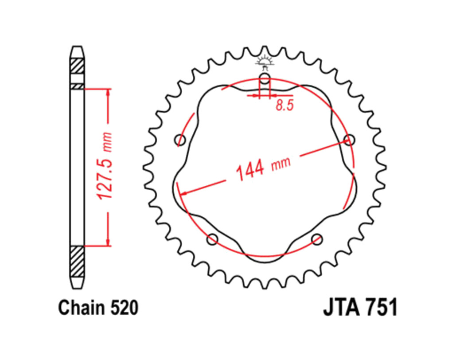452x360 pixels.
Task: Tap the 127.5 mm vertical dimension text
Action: coord(104,166)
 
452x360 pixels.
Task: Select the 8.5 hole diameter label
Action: coord(284,105)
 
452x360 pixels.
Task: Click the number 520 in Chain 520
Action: coord(124,308)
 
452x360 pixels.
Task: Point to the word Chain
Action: coord(82,308)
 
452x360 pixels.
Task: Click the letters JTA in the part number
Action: coord(342,307)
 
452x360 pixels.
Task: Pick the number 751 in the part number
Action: coord(382,307)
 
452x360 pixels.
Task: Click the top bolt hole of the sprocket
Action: coord(265,78)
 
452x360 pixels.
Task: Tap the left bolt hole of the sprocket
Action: coord(180,140)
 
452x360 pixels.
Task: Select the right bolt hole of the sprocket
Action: coord(349,140)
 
